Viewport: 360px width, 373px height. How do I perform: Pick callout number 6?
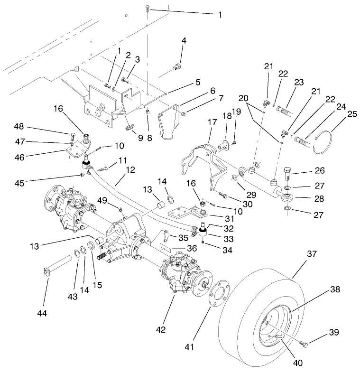coord(212,91)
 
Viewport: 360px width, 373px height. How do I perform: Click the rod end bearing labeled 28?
coord(287,197)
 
